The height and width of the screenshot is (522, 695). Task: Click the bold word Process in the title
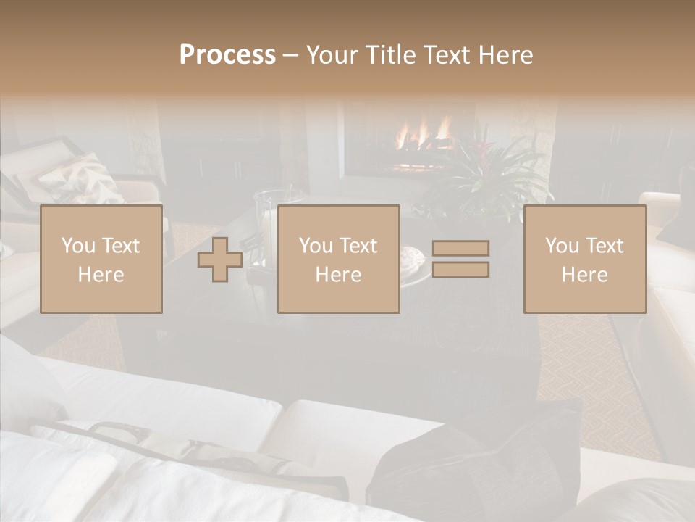click(227, 55)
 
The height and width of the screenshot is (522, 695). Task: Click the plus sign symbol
click(220, 260)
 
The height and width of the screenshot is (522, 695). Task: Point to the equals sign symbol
click(460, 259)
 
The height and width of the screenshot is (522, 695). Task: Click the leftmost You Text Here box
click(101, 260)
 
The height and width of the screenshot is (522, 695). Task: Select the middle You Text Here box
click(339, 260)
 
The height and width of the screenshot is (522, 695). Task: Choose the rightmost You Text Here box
click(585, 260)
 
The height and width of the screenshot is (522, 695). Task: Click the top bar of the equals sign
click(460, 249)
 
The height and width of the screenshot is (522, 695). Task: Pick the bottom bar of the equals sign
click(460, 270)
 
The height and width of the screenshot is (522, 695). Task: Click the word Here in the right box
click(585, 275)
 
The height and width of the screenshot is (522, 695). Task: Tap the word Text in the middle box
click(358, 246)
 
